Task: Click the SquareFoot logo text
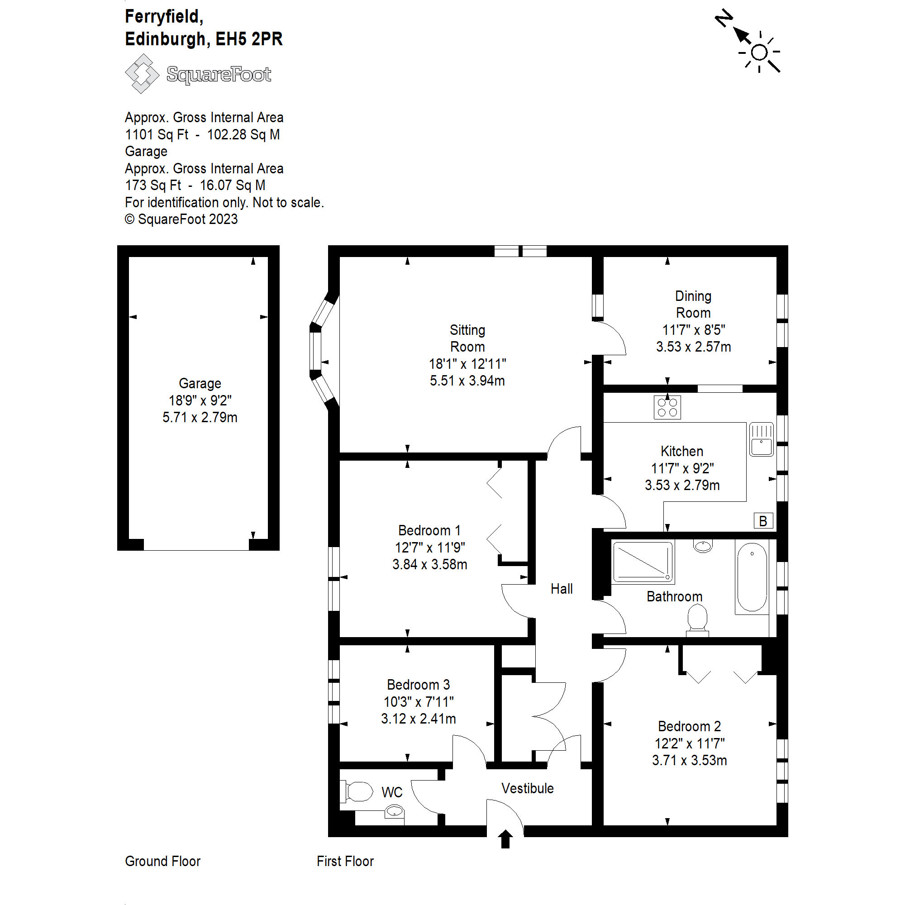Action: (219, 75)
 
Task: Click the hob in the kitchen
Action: (667, 407)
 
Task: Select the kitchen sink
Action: (761, 439)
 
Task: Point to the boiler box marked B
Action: (763, 521)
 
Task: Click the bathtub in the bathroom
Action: (752, 577)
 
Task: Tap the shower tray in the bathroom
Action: (643, 562)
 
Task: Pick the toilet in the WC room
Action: (357, 791)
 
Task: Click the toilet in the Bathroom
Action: (697, 620)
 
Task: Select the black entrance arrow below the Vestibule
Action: (505, 839)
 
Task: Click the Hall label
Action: (562, 589)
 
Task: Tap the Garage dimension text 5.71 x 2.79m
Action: (200, 417)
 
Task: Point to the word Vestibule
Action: (528, 788)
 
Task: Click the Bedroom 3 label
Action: (418, 685)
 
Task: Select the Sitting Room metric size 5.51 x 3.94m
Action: (467, 381)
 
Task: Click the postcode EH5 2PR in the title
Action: (249, 39)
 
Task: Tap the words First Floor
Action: (345, 861)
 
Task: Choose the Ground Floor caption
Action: (162, 861)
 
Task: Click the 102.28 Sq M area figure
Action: (243, 134)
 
